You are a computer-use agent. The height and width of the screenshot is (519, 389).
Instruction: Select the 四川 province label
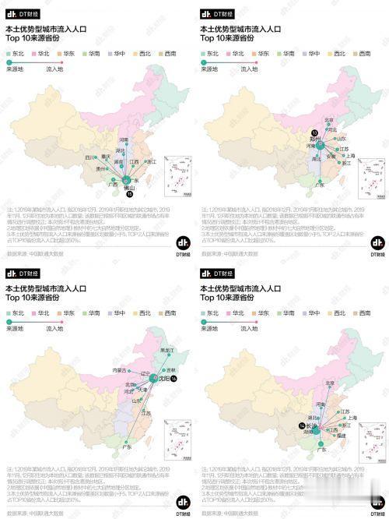point(90,157)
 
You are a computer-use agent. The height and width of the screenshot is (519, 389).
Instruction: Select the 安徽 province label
point(331,155)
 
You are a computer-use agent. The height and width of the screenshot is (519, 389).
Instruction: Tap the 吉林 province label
point(163,369)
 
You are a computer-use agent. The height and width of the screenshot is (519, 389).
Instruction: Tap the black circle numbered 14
point(301,425)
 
